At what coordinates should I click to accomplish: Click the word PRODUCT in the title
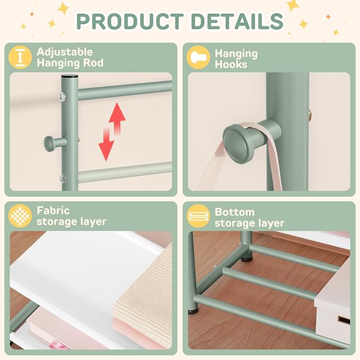[x=130, y=21]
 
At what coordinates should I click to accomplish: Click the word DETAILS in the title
[x=237, y=21]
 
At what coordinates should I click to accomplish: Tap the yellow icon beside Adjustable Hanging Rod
[x=20, y=57]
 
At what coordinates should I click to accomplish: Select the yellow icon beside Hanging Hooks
[x=198, y=57]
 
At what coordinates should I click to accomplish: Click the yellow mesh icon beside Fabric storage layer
[x=20, y=216]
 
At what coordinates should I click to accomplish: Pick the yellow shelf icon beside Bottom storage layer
[x=198, y=216]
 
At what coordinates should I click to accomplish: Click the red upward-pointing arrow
[x=117, y=118]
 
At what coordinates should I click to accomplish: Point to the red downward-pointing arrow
[x=106, y=144]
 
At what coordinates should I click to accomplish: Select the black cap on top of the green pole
[x=69, y=76]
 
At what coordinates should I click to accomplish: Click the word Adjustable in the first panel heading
[x=65, y=52]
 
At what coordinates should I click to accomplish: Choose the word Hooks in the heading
[x=231, y=65]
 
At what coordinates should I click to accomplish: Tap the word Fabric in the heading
[x=53, y=210]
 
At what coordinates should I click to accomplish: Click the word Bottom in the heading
[x=235, y=212]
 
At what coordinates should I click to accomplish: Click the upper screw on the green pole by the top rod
[x=63, y=97]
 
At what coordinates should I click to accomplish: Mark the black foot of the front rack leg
[x=193, y=312]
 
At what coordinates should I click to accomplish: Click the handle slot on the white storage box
[x=344, y=320]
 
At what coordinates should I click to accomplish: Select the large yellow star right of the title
[x=293, y=5]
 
